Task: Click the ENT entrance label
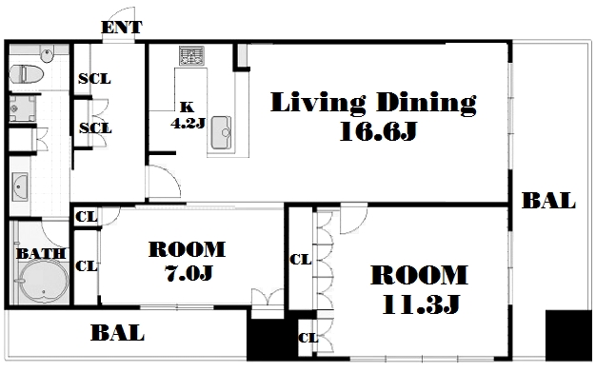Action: click(122, 28)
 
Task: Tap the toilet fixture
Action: click(26, 74)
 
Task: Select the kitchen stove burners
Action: click(192, 55)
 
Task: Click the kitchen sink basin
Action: click(221, 132)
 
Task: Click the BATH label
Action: click(41, 253)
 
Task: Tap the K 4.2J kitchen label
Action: click(188, 115)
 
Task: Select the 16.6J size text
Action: click(379, 131)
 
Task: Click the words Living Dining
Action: click(373, 103)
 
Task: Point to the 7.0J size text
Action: click(189, 272)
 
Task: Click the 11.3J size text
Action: click(421, 304)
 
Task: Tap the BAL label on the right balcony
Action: click(548, 201)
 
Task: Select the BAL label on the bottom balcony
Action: click(117, 333)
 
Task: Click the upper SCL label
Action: click(94, 79)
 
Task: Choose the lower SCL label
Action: click(95, 128)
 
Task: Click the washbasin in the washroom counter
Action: click(20, 186)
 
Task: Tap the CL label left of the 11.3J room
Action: click(300, 260)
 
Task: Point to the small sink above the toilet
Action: click(47, 56)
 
